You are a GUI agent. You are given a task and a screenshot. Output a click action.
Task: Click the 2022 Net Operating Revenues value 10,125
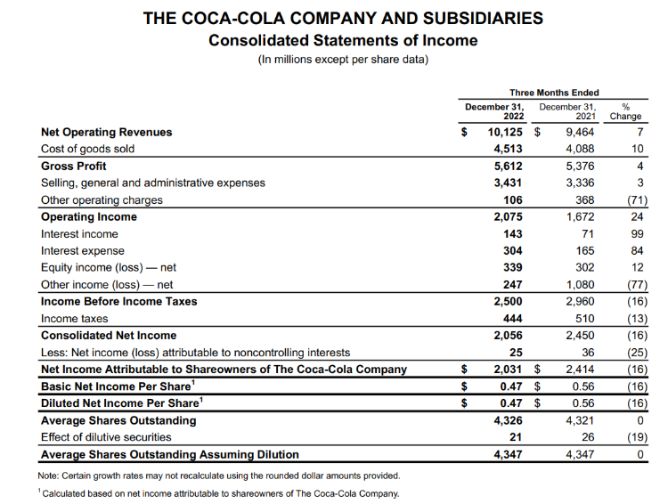[x=502, y=132]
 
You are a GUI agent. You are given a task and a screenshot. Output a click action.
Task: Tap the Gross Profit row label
[x=73, y=166]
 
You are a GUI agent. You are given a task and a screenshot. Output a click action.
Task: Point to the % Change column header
[x=626, y=110]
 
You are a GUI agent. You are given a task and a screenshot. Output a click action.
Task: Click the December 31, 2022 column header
[x=496, y=110]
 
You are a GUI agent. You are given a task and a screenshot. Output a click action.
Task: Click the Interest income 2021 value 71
[x=585, y=233]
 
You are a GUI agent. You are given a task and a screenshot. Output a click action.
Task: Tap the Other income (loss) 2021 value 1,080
[x=574, y=284]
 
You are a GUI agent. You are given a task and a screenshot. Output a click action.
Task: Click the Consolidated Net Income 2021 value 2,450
[x=574, y=335]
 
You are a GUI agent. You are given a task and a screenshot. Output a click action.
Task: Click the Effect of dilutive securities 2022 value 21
[x=516, y=436]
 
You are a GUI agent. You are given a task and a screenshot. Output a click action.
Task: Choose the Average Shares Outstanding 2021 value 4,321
[x=574, y=419]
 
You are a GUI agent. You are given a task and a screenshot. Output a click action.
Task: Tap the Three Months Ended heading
[x=554, y=93]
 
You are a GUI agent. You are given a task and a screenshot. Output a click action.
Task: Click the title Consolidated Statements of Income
[x=343, y=40]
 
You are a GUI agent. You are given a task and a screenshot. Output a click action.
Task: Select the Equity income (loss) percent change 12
[x=637, y=267]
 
